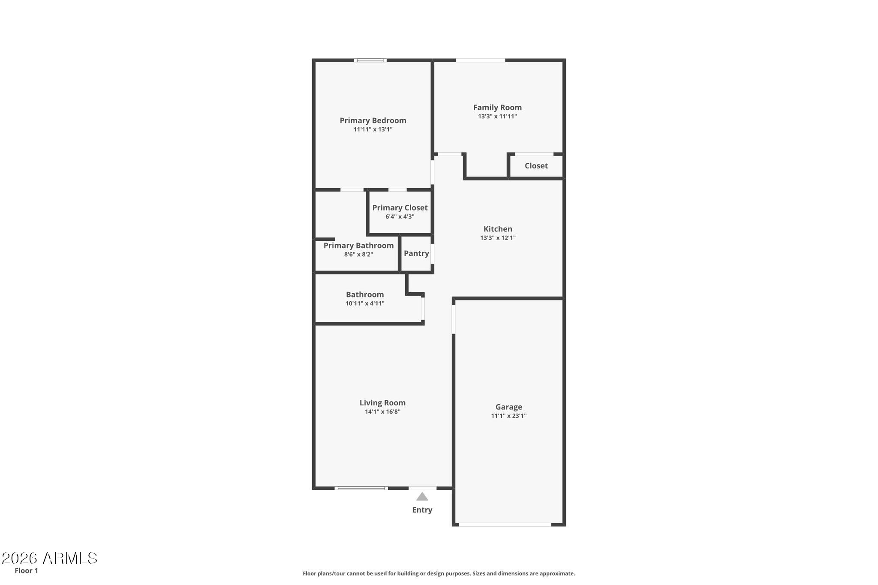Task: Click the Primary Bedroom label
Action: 373,120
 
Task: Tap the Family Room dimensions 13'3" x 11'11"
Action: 497,117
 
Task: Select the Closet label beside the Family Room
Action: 536,166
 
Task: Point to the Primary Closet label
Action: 400,208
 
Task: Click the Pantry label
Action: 416,253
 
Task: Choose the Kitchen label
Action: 498,229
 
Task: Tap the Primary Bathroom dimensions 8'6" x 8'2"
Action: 358,255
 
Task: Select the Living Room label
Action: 382,403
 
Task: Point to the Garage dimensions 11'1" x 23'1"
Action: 508,416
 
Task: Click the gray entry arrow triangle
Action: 422,497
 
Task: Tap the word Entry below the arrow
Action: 422,510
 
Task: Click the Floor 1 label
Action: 26,571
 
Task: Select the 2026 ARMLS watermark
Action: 50,558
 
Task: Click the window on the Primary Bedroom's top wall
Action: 370,60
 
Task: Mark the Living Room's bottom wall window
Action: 361,488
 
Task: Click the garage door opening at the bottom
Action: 505,524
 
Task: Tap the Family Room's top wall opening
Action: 480,60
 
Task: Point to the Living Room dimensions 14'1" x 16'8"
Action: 382,412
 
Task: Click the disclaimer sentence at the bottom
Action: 439,573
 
